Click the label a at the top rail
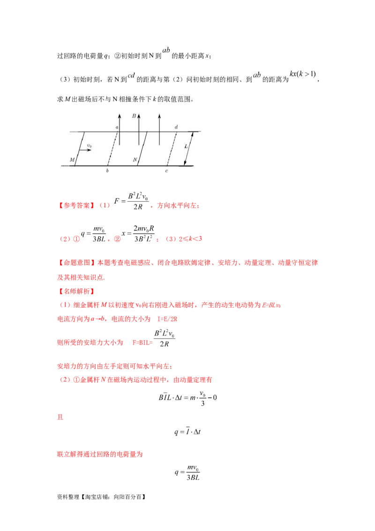click(x=117, y=127)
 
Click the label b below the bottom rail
click(x=107, y=171)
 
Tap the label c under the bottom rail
click(x=166, y=171)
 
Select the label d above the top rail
click(x=176, y=127)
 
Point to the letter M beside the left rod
click(x=72, y=160)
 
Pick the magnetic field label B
click(x=134, y=115)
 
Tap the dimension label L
click(x=186, y=146)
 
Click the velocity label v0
click(x=89, y=146)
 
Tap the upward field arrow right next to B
click(x=139, y=129)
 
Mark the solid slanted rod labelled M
click(x=80, y=149)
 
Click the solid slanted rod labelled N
click(x=143, y=149)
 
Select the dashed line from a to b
click(x=112, y=149)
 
